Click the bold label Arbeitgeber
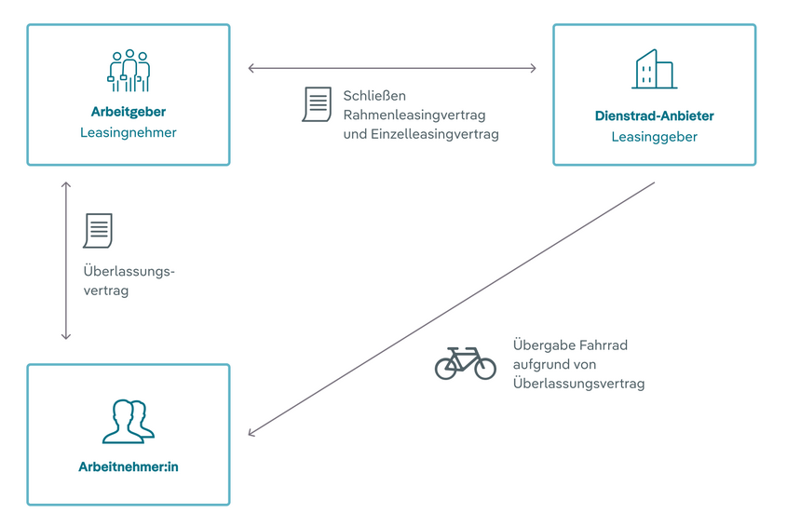[x=129, y=113]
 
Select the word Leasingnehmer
[x=129, y=133]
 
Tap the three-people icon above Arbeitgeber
[x=129, y=71]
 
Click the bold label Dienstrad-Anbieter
[x=654, y=116]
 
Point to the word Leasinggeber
[x=654, y=137]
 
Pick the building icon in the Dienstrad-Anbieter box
[x=654, y=70]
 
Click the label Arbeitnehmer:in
[x=129, y=466]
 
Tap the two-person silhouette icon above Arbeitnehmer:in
[x=129, y=421]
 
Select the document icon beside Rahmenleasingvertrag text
[x=317, y=104]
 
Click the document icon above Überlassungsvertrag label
[x=98, y=231]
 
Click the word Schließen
[x=374, y=95]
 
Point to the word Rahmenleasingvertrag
[x=414, y=115]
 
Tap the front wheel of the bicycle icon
[x=484, y=368]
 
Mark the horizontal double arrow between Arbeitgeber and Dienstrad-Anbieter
[x=392, y=68]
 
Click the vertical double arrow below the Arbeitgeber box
[x=66, y=261]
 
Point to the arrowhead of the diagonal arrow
[x=251, y=434]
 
